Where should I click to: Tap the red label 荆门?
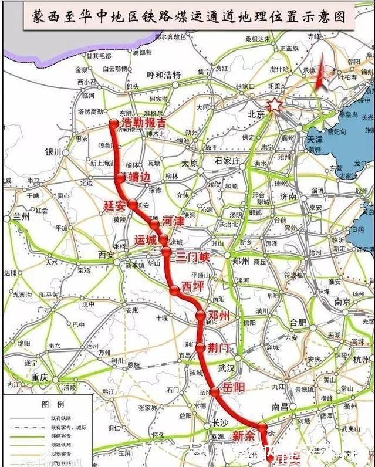pyautogui.click(x=217, y=348)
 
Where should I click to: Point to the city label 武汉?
pyautogui.click(x=226, y=368)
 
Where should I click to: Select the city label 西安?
pyautogui.click(x=107, y=255)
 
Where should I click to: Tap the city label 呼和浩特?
pyautogui.click(x=164, y=75)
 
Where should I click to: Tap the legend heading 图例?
pyautogui.click(x=48, y=405)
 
